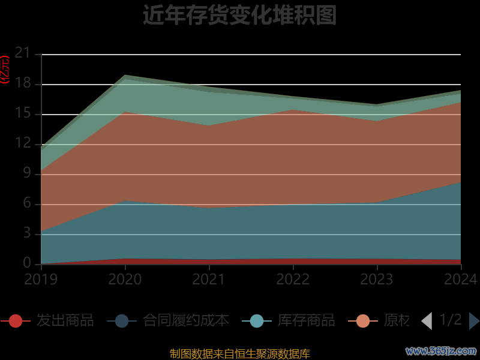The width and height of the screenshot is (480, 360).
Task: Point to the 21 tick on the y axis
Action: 22,54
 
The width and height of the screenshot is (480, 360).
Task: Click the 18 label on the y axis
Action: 22,84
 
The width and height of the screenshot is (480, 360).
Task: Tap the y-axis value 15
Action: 22,114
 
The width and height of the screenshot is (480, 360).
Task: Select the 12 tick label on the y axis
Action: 22,144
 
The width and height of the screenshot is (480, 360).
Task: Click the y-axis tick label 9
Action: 26,174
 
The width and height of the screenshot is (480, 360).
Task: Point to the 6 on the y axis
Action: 26,204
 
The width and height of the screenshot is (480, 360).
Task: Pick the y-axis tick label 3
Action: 26,234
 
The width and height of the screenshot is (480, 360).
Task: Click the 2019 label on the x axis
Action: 41,279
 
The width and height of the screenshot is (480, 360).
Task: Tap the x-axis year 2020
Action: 125,279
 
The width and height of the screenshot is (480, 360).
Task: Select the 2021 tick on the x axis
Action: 209,279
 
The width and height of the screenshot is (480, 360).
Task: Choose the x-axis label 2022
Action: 293,279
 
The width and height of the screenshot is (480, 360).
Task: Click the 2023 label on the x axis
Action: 377,279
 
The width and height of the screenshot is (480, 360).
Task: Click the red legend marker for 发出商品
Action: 16,321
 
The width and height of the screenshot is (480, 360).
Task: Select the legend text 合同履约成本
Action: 186,320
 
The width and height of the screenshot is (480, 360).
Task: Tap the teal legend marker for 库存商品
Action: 257,321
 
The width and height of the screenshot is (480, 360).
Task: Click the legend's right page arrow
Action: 474,321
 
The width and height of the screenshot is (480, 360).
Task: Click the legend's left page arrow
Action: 427,321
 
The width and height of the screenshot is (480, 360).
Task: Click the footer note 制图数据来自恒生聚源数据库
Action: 239,354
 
